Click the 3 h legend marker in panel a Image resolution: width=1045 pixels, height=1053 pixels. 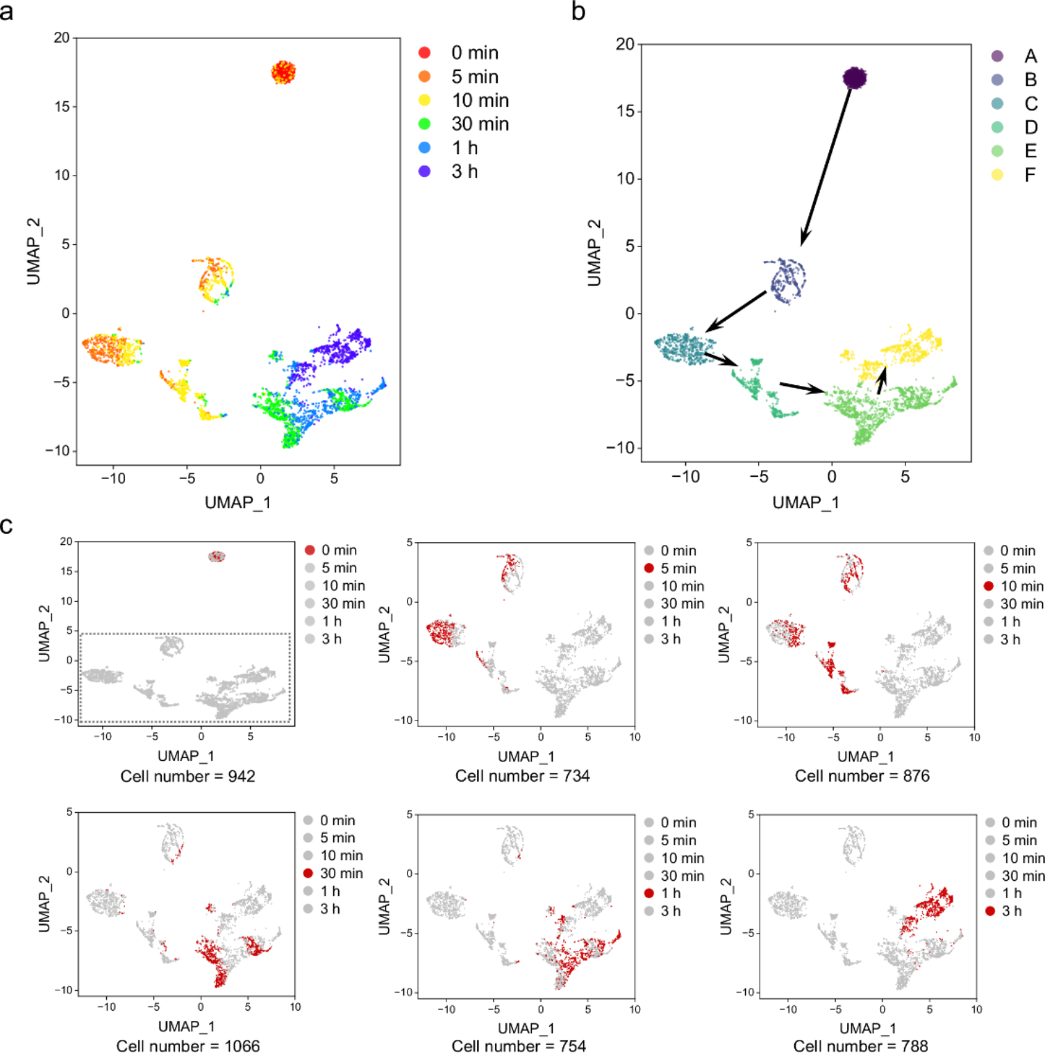click(424, 171)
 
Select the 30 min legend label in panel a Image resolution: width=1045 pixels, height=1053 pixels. click(480, 124)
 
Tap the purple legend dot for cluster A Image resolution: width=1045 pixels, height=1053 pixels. click(997, 56)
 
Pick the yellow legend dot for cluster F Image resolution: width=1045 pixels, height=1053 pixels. click(997, 175)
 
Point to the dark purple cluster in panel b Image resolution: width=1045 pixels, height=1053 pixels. click(855, 78)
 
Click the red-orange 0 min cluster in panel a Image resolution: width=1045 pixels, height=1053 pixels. click(283, 72)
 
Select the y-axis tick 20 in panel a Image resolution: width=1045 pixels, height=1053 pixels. click(62, 37)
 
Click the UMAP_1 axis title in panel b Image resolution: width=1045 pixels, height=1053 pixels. click(805, 503)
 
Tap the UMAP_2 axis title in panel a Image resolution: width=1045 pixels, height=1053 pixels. click(33, 251)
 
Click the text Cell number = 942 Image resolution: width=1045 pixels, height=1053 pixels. click(187, 776)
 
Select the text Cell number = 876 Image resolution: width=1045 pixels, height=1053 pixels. click(862, 776)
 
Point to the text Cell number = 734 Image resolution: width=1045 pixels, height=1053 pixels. click(522, 776)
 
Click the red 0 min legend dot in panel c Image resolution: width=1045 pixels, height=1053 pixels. click(310, 550)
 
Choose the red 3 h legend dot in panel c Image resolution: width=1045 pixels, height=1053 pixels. click(990, 911)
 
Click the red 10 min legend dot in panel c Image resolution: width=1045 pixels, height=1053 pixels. click(989, 587)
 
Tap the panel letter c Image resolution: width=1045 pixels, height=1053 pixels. click(7, 525)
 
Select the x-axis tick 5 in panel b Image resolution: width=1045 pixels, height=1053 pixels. click(905, 477)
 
